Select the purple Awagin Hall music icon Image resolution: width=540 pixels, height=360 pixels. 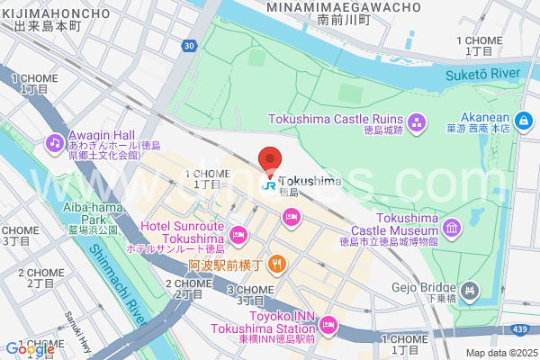55,142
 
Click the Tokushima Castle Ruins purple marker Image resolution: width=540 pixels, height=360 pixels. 417,121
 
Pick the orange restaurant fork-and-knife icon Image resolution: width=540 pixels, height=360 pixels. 278,265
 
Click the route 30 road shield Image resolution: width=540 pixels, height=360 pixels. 187,45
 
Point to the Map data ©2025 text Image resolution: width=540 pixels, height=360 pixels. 499,353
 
